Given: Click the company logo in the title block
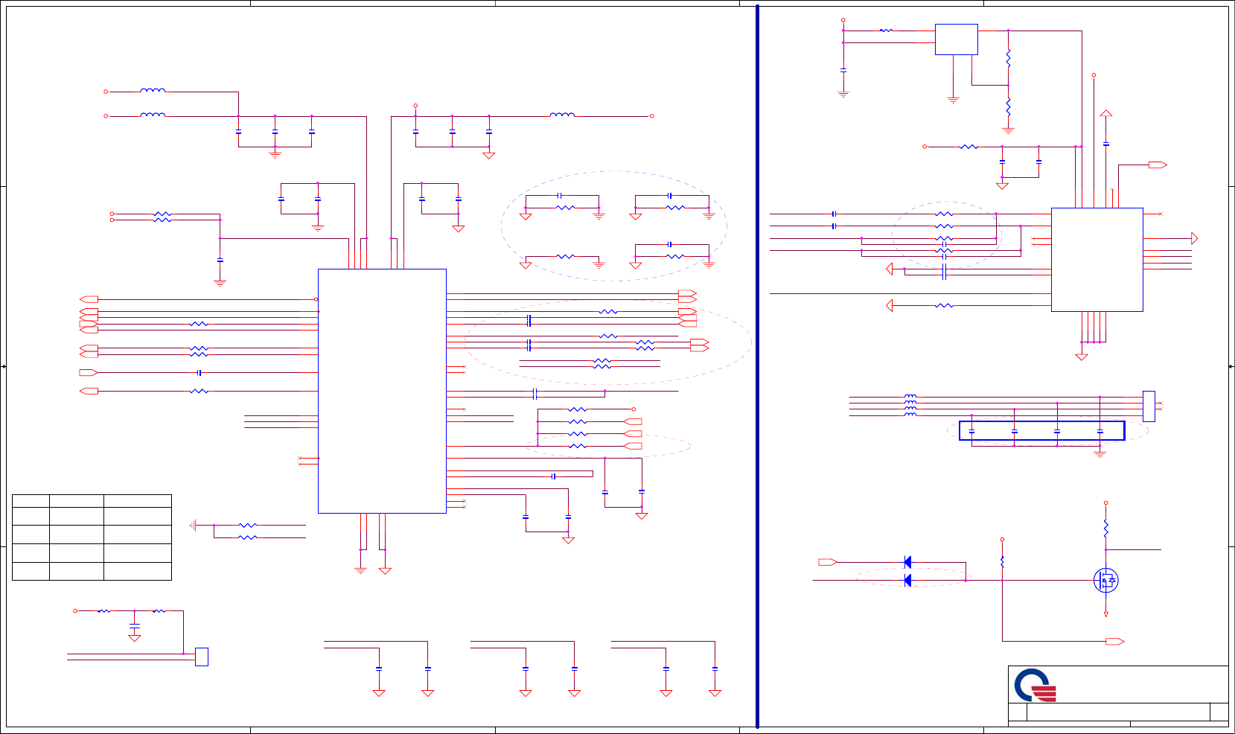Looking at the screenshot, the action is coord(1035,686).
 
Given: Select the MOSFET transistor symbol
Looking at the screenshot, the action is coord(1105,580).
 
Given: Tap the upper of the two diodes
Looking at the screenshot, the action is coord(907,562).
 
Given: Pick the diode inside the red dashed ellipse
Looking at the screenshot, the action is coord(907,580).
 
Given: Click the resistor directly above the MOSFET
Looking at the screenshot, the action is coord(1106,528).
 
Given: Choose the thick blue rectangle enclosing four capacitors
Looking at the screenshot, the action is coord(1041,430).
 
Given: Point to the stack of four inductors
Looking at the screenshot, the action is coord(910,406).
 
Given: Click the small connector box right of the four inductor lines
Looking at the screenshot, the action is coord(1149,406).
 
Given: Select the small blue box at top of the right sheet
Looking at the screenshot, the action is coord(956,39).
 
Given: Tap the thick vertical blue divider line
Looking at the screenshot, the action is coord(757,365).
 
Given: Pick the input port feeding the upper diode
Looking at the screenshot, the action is coord(828,562).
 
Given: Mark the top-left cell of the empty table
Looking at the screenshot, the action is coord(31,501).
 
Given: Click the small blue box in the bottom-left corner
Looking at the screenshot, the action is coord(201,657).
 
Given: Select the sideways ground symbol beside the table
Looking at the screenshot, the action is coord(194,526).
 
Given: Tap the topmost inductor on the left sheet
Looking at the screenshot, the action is coord(153,91).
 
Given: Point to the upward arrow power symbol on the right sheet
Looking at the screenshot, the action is coord(1106,114).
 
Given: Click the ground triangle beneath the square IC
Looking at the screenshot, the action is coord(1082,357).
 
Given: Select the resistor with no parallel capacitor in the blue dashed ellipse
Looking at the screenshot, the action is coord(565,256).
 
